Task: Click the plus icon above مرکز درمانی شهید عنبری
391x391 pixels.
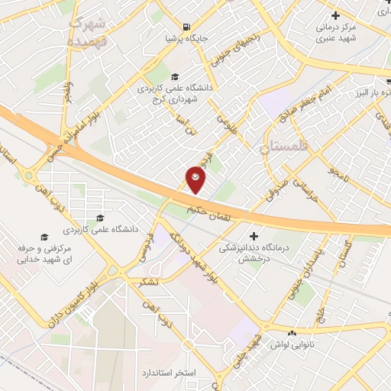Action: tap(334, 15)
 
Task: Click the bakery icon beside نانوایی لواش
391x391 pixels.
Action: tap(291, 334)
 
